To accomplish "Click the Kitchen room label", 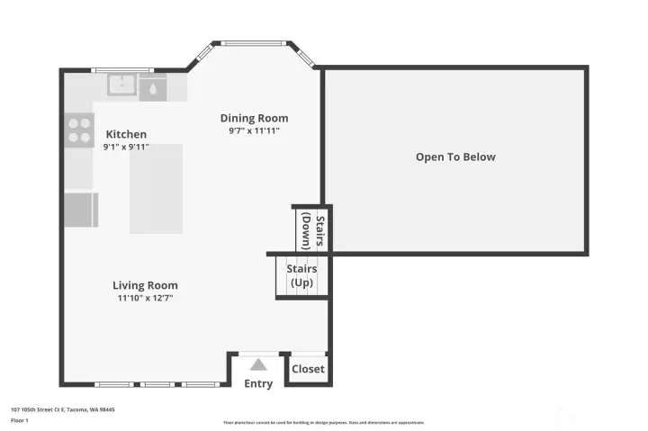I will [x=125, y=134].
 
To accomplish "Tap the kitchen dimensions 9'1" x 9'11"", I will [x=125, y=146].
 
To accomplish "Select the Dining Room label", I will [x=254, y=118].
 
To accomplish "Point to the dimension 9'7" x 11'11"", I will [x=254, y=130].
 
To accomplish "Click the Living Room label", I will [x=145, y=285].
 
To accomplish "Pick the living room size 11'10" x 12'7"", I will [x=145, y=298].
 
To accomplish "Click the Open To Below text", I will [x=455, y=157].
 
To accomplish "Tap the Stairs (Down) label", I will [x=312, y=230].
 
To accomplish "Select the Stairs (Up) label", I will [x=301, y=275].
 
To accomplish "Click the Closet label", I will [x=308, y=369].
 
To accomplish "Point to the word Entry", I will [x=258, y=384].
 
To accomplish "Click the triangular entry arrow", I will [x=258, y=364].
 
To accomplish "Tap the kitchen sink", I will [x=121, y=85].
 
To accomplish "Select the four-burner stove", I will [x=80, y=131].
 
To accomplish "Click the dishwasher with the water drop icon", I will [x=153, y=88].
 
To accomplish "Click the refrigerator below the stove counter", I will [x=80, y=209].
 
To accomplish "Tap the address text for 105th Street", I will [x=62, y=409].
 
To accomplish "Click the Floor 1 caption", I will [x=20, y=420].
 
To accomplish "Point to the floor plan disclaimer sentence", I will [x=323, y=422].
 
